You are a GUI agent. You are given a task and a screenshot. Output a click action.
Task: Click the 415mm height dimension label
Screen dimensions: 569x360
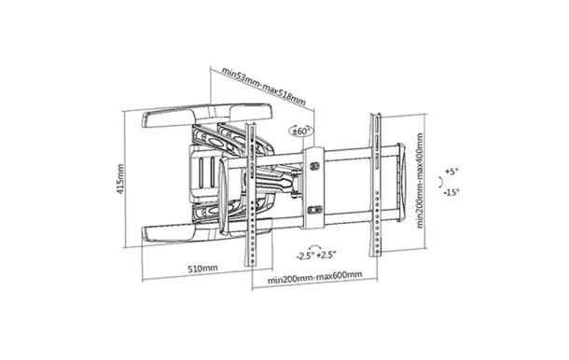(x=120, y=179)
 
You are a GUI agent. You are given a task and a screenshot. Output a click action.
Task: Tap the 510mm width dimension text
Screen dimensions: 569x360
(x=202, y=269)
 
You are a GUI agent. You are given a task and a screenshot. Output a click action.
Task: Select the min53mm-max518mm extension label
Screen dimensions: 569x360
(x=263, y=87)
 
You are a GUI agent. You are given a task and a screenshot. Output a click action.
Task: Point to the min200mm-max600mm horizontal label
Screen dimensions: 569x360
(x=314, y=277)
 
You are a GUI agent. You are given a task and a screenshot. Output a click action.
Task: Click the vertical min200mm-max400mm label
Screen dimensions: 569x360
(x=420, y=180)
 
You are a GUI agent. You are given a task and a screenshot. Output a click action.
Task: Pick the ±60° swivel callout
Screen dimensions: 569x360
(x=301, y=131)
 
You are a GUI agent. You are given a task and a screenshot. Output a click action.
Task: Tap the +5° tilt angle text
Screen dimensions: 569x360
(x=451, y=171)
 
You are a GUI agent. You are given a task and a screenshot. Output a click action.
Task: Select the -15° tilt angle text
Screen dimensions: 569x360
(x=451, y=192)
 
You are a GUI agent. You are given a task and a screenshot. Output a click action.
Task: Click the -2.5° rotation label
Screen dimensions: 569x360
(x=305, y=256)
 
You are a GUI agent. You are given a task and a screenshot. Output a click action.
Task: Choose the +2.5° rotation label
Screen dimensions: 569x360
(x=326, y=255)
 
